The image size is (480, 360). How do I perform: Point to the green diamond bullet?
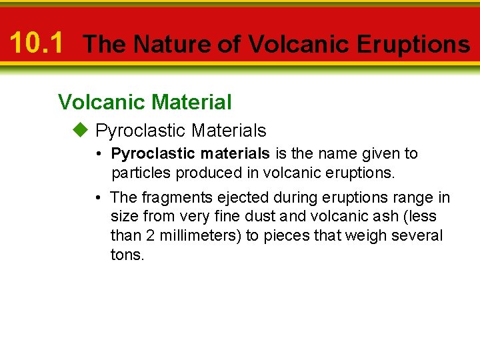(x=81, y=130)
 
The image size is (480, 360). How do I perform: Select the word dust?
(x=258, y=217)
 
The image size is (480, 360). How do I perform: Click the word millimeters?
(x=198, y=236)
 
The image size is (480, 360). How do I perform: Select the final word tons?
(x=127, y=255)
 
